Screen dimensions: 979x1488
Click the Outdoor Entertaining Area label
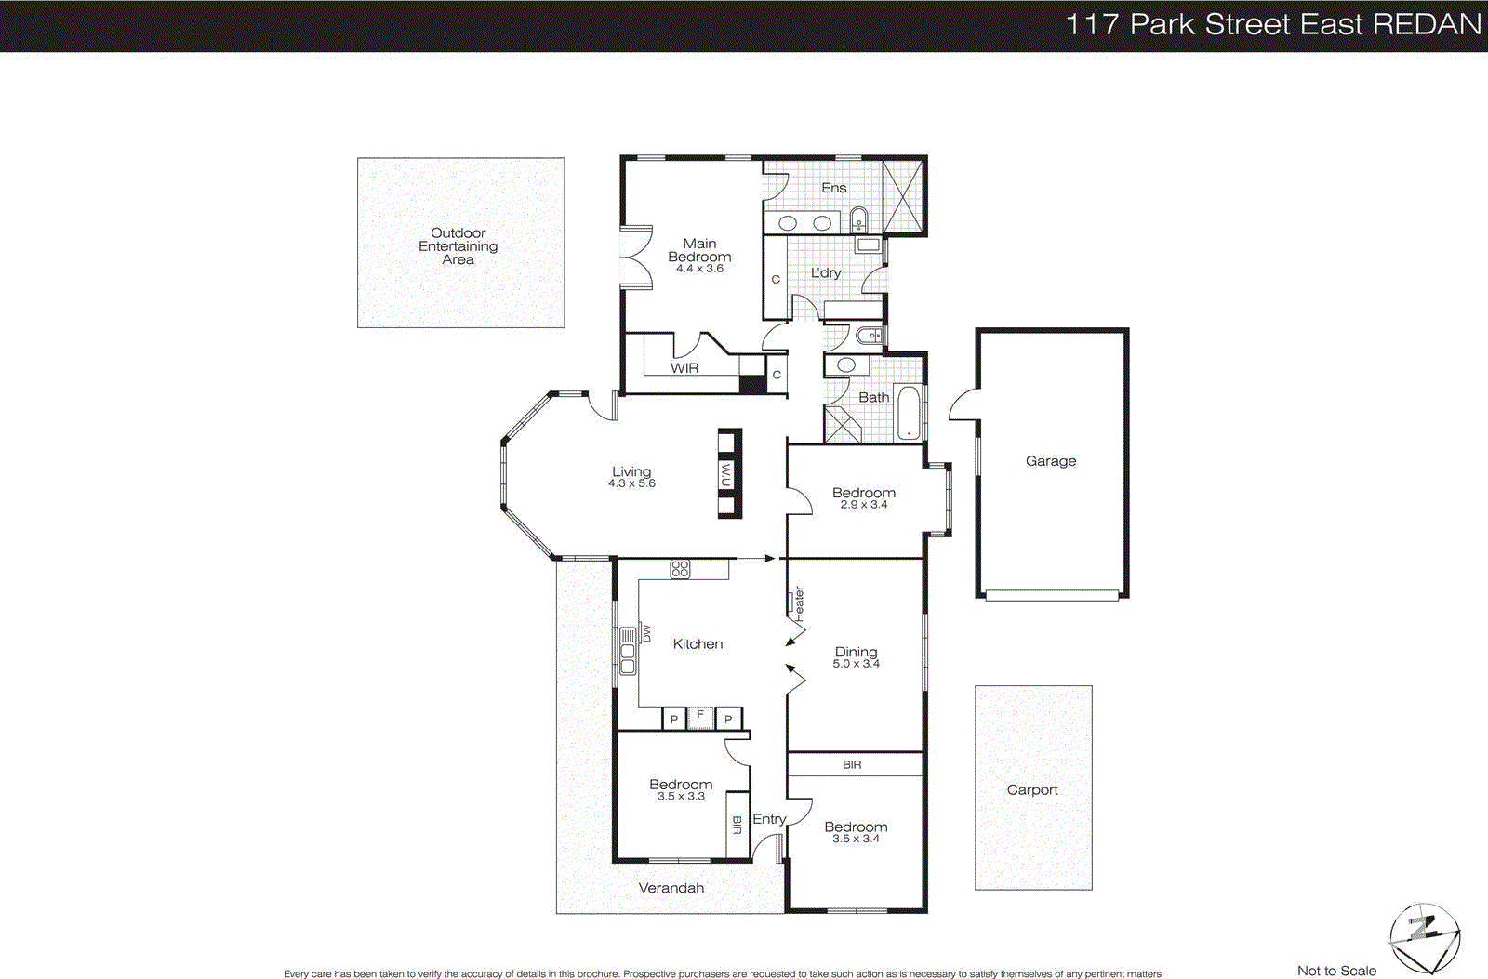coord(458,246)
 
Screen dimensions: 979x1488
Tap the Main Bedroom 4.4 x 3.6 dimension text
coord(699,269)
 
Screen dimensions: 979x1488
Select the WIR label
coord(684,368)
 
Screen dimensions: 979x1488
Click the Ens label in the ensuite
coord(833,188)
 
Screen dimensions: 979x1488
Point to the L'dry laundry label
coord(825,272)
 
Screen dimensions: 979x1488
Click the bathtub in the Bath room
coord(907,414)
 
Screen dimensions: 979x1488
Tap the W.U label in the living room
coord(726,473)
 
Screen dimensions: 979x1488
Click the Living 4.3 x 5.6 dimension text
coord(631,483)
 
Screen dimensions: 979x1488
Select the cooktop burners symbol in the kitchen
coord(680,569)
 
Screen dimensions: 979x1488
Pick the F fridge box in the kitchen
coord(700,716)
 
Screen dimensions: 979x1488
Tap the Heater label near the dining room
coord(798,604)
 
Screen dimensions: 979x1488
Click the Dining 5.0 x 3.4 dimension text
coord(856,664)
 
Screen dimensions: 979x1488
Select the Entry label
coord(769,819)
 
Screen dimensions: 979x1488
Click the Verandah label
coord(671,888)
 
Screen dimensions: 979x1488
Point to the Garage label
coord(1051,461)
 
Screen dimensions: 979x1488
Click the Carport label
coord(1032,789)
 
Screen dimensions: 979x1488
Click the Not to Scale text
coord(1336,971)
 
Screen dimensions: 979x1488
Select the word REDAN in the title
coord(1427,24)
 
